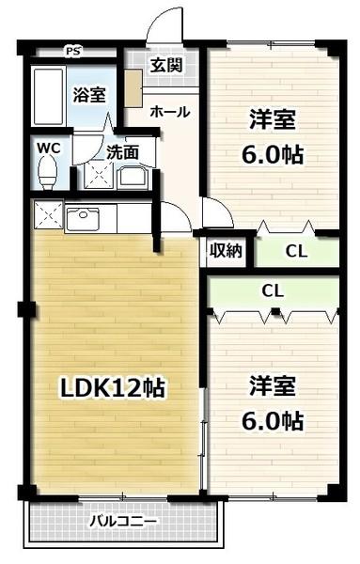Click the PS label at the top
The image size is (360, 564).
[72, 51]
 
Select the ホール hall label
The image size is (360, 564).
[169, 112]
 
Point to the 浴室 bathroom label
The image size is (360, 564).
[90, 95]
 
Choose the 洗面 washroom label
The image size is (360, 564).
[122, 150]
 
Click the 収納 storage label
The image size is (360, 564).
[226, 250]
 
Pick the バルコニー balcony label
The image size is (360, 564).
[124, 520]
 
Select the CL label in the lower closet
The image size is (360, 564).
[273, 291]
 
